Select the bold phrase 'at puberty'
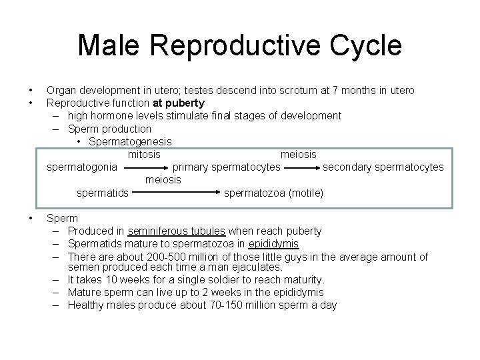[x=179, y=103]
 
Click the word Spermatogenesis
[x=130, y=141]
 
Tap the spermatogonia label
[x=83, y=167]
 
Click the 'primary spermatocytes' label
[x=227, y=167]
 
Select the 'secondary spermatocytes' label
[x=383, y=167]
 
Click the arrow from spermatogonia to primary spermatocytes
[x=145, y=167]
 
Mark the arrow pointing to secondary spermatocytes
[x=301, y=167]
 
